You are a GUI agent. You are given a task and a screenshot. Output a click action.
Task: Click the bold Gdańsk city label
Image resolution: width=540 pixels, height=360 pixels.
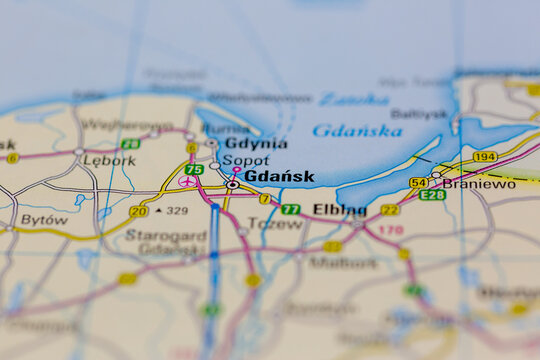[279, 177]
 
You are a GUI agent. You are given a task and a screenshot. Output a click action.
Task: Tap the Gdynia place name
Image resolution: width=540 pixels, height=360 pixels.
[249, 143]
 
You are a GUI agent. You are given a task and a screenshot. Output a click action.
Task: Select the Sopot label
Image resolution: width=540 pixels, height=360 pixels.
[245, 160]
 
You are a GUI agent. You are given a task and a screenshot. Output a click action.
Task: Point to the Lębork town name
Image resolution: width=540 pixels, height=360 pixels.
[109, 160]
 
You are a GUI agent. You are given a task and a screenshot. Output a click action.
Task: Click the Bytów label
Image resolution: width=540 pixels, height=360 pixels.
[44, 219]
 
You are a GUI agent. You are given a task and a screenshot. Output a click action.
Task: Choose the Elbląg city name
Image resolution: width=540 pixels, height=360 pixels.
[340, 210]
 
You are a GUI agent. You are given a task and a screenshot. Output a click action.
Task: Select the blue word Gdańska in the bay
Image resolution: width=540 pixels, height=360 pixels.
[357, 130]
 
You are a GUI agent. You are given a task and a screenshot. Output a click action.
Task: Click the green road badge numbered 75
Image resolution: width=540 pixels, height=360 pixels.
[194, 170]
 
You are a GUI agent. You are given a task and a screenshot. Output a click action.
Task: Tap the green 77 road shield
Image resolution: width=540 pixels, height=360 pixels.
[290, 210]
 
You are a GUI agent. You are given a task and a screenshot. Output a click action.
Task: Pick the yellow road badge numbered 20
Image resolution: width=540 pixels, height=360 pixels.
[139, 211]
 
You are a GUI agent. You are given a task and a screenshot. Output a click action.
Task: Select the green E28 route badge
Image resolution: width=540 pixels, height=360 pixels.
[432, 195]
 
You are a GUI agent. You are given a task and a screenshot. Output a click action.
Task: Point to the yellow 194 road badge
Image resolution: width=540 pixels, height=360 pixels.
[485, 157]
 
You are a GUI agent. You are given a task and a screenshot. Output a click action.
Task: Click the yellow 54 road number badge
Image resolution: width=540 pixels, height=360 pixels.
[418, 182]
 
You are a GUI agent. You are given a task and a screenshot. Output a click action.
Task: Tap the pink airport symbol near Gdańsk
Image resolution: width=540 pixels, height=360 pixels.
[187, 181]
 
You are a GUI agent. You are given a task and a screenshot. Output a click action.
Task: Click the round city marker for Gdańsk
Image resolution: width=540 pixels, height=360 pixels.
[232, 184]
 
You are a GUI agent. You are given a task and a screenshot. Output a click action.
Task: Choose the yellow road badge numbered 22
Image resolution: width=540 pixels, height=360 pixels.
[389, 210]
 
